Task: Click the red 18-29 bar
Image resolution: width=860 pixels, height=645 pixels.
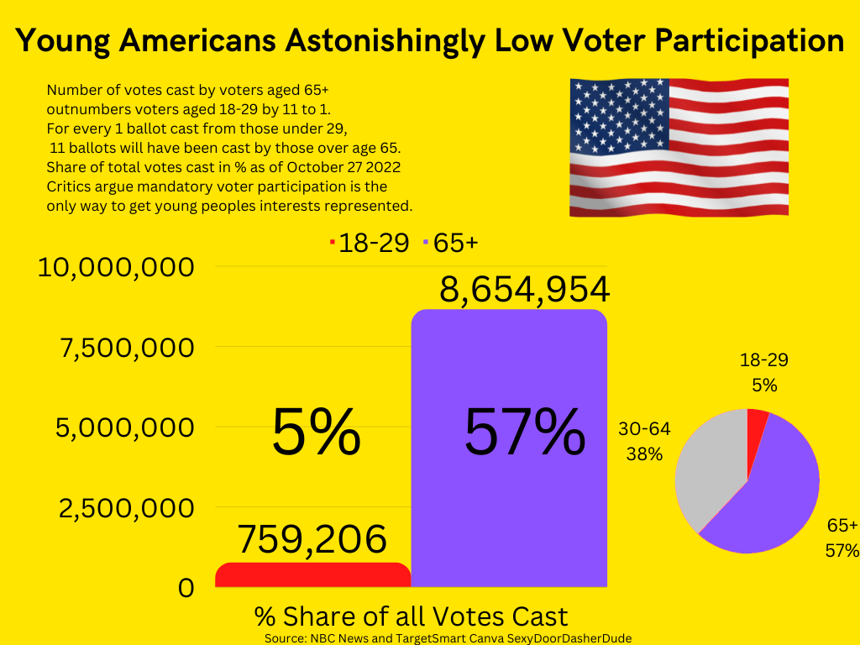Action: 312,575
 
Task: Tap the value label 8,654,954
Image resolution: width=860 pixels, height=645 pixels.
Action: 524,289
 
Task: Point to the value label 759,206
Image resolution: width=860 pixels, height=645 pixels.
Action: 312,540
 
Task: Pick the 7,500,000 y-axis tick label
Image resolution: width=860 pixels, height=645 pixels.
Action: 126,347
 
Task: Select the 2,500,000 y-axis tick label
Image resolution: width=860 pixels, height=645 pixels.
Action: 125,508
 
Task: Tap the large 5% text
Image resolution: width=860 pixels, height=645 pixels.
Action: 316,433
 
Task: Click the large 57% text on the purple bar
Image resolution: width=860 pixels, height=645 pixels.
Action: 525,433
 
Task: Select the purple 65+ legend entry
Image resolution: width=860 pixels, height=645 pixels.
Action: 453,244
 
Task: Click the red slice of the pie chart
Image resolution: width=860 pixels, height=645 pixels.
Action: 757,420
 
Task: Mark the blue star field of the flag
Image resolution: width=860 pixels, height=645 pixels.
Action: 620,117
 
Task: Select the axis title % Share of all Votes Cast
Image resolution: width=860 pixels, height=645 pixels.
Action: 411,616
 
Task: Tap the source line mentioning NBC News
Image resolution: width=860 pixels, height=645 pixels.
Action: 448,638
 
